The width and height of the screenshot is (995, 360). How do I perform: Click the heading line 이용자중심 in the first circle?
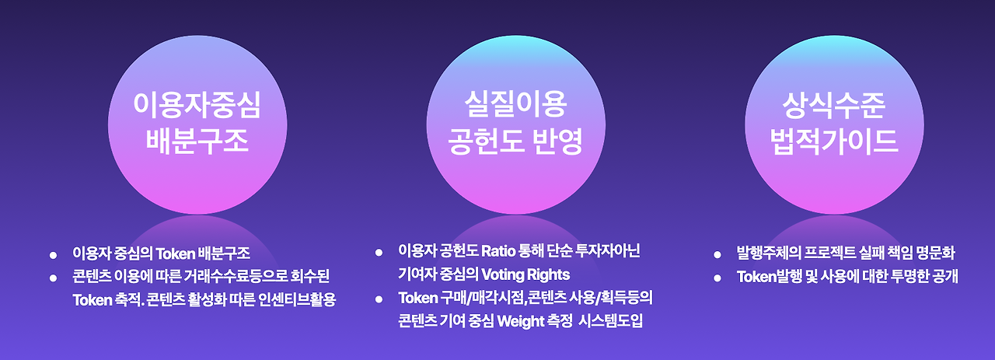[197, 105]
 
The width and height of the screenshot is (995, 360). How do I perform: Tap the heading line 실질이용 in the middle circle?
[515, 104]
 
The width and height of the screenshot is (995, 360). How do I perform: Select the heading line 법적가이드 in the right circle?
[834, 142]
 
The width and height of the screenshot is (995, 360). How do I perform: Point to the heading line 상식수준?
[834, 105]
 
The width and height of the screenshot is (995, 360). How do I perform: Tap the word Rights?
[549, 275]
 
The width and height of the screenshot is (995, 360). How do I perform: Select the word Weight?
[521, 321]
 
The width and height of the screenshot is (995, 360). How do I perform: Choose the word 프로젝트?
[829, 253]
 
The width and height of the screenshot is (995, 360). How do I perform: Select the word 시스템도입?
[610, 321]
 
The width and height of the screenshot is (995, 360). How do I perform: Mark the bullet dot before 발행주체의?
[717, 255]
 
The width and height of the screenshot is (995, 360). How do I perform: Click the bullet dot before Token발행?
[717, 278]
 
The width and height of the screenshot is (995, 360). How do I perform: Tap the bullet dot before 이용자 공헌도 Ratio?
[379, 253]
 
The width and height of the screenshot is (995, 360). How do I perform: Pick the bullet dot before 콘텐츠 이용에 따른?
[54, 278]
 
